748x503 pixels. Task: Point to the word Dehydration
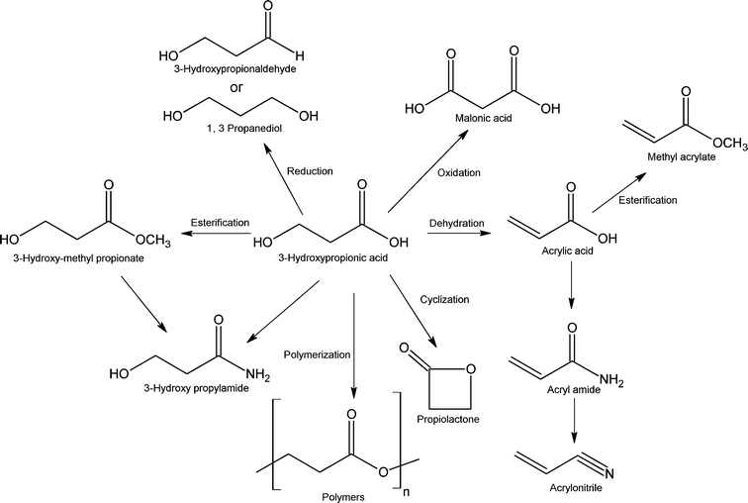pos(456,224)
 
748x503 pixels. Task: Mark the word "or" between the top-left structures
pos(238,87)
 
